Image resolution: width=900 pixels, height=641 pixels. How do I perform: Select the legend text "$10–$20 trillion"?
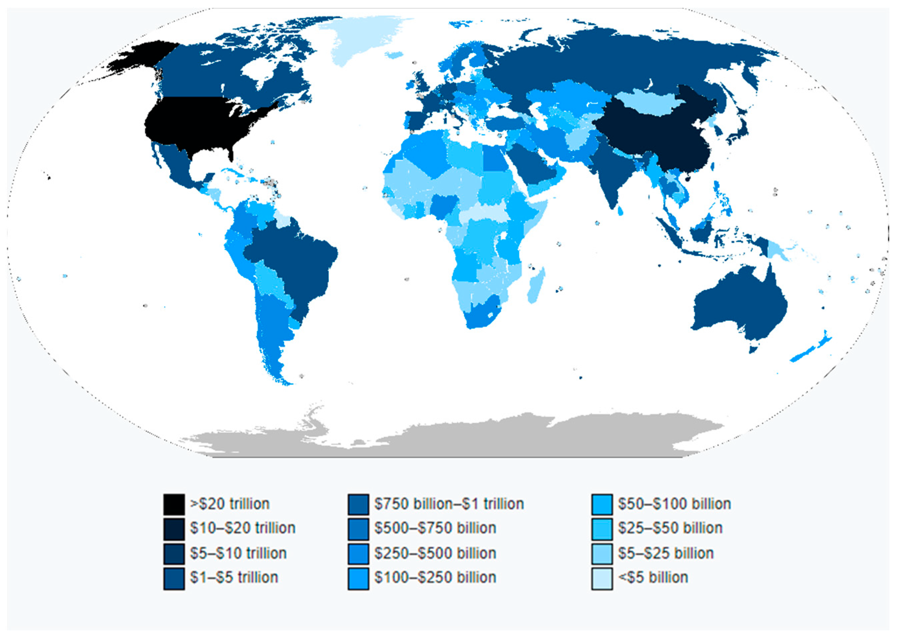point(242,528)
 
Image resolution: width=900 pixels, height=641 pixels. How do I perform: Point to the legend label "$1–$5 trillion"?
point(234,577)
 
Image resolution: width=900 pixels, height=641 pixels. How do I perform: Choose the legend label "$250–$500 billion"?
point(435,553)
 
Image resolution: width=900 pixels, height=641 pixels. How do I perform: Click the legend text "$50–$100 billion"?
point(674,504)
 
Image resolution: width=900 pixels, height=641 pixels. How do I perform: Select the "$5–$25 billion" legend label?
point(666,553)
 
